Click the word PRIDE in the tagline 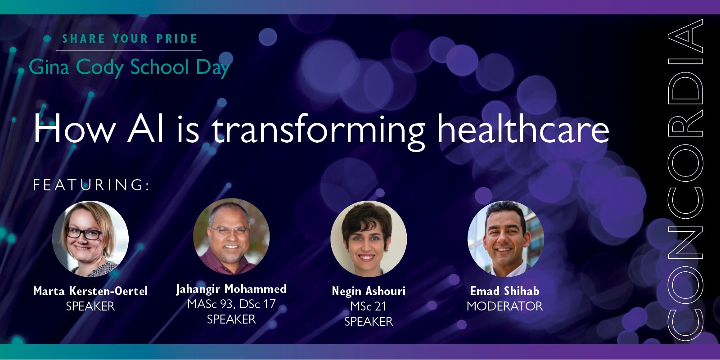tap(176, 39)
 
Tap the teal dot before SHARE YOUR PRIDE tap(47, 39)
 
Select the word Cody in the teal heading tap(99, 67)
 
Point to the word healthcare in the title tap(523, 130)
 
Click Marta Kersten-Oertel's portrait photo tap(90, 238)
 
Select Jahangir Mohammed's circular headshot tap(231, 237)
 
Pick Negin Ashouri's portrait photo tap(369, 238)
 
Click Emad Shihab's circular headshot tap(505, 238)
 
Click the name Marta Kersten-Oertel tap(90, 291)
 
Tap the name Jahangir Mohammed tap(231, 289)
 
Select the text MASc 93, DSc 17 tap(231, 304)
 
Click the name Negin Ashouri tap(369, 291)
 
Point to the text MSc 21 tap(369, 306)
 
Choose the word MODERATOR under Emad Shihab tap(504, 306)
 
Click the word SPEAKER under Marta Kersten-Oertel tap(90, 306)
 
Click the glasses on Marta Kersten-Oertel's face tap(84, 234)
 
